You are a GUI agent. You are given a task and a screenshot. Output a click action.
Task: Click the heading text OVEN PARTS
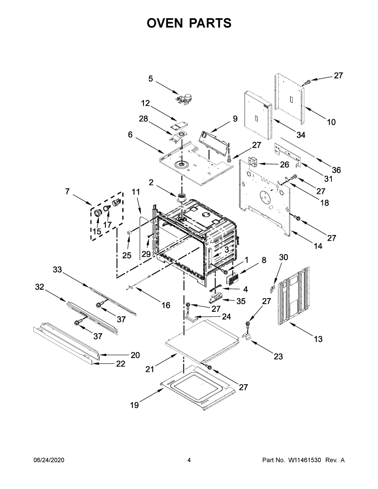click(189, 23)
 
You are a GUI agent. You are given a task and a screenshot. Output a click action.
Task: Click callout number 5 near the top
click(151, 79)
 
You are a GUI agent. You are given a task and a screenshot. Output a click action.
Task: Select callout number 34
click(301, 135)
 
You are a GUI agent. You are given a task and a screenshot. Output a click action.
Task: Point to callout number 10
click(331, 122)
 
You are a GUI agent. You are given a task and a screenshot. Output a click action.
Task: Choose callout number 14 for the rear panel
click(318, 246)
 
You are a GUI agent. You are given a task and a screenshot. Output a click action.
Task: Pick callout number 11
click(135, 192)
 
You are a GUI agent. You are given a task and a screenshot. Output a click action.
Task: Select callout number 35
click(241, 301)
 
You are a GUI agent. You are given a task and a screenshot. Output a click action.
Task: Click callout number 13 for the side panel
click(318, 339)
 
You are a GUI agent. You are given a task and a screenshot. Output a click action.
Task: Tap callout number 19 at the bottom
click(135, 405)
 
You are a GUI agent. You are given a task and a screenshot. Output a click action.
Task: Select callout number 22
click(121, 364)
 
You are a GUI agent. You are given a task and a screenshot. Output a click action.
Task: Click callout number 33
click(57, 270)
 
